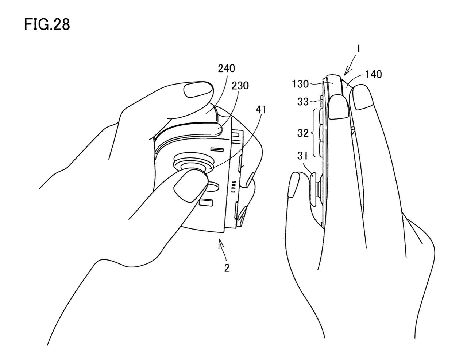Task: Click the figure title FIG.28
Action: pos(47,25)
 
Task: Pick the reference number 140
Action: pos(372,74)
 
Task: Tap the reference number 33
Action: pos(303,102)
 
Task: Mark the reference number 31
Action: pos(302,156)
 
